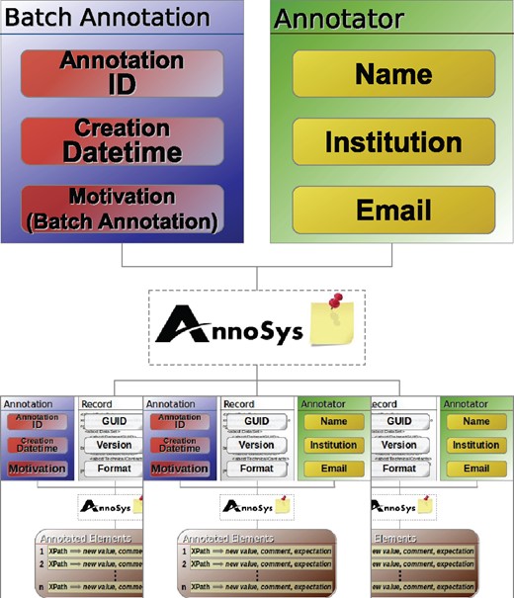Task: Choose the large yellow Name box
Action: tap(392, 74)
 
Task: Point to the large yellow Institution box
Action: tap(392, 142)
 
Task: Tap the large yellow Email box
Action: tap(392, 210)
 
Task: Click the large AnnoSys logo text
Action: tap(230, 323)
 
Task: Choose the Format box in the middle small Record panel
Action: tap(257, 468)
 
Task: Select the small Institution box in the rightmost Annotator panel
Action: tap(475, 445)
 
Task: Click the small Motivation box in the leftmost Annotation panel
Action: tap(39, 468)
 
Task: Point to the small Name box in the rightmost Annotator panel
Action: tap(475, 421)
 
